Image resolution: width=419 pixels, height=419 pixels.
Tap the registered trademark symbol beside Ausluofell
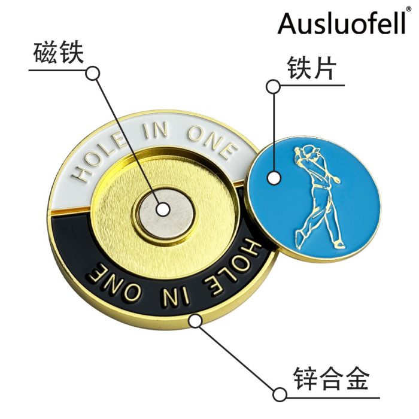tap(408, 10)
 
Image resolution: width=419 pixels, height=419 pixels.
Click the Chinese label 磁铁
tap(57, 56)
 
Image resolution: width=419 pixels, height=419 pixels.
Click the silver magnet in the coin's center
tap(163, 211)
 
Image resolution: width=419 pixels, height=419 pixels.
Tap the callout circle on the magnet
tap(163, 209)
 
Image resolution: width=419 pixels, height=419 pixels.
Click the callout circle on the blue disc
tap(274, 178)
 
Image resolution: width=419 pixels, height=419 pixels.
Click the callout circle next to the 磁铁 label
tap(93, 73)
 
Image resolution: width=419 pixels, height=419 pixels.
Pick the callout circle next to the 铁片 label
tap(273, 87)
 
